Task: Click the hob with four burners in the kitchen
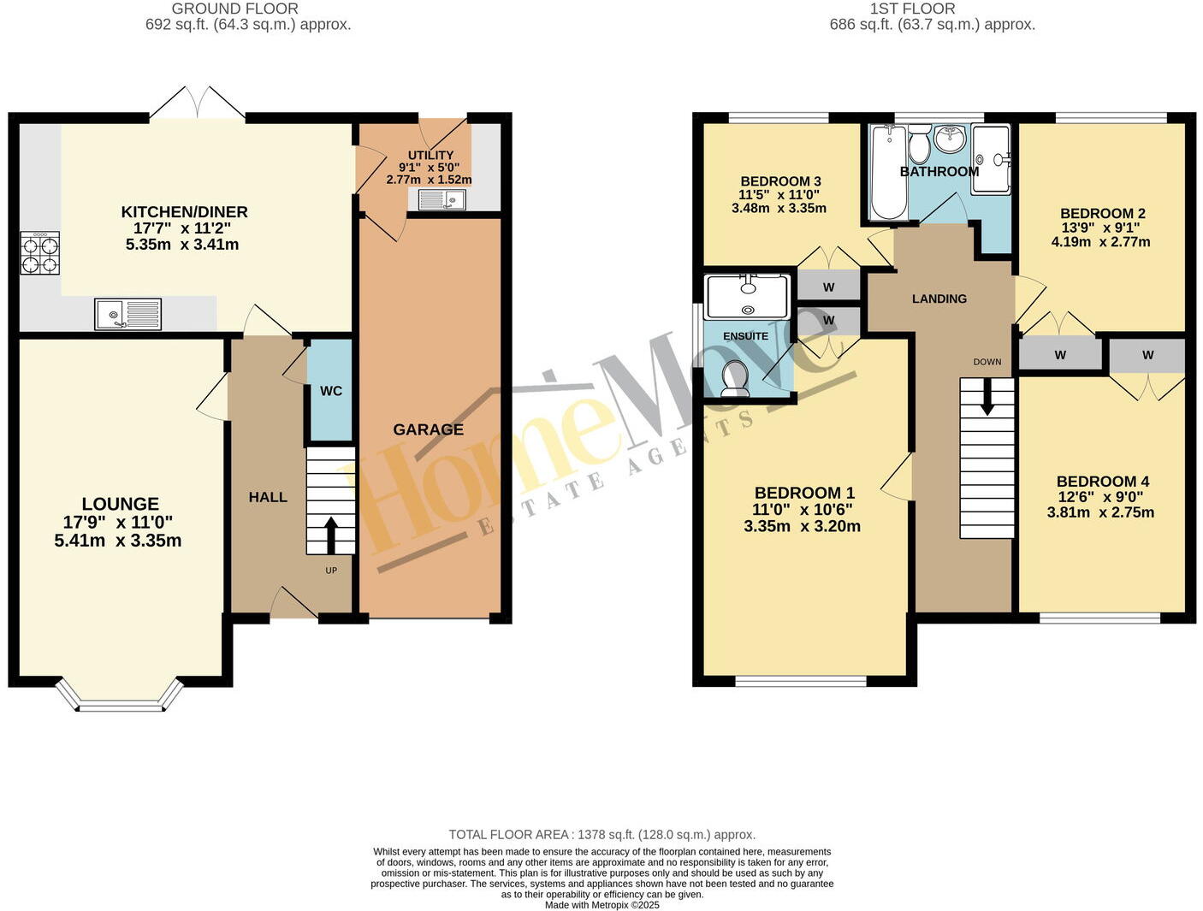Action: click(39, 253)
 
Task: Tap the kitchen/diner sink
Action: click(127, 313)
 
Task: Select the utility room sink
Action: click(441, 199)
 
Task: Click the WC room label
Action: click(331, 391)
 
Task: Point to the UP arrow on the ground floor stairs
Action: click(330, 535)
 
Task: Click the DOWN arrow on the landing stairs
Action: click(987, 398)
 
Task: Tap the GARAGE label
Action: click(428, 429)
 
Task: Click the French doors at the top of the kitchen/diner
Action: click(198, 104)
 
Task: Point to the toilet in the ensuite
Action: click(735, 379)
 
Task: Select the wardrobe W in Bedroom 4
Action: click(1147, 355)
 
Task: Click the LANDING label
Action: click(939, 299)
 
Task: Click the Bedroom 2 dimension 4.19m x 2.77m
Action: click(1100, 242)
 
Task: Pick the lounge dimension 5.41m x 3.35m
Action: click(117, 541)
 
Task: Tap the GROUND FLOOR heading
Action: click(235, 9)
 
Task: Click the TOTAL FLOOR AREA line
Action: click(601, 834)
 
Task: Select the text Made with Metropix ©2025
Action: click(601, 904)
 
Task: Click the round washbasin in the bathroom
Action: click(949, 139)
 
